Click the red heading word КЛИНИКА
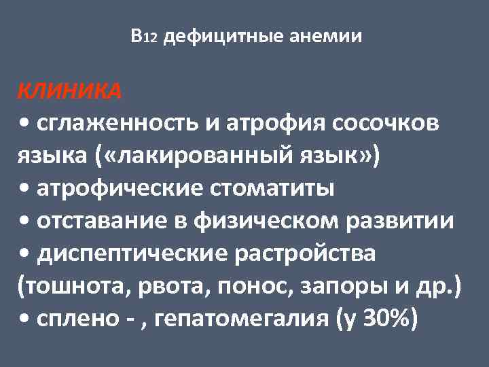[x=69, y=91]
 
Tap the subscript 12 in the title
[x=151, y=38]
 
